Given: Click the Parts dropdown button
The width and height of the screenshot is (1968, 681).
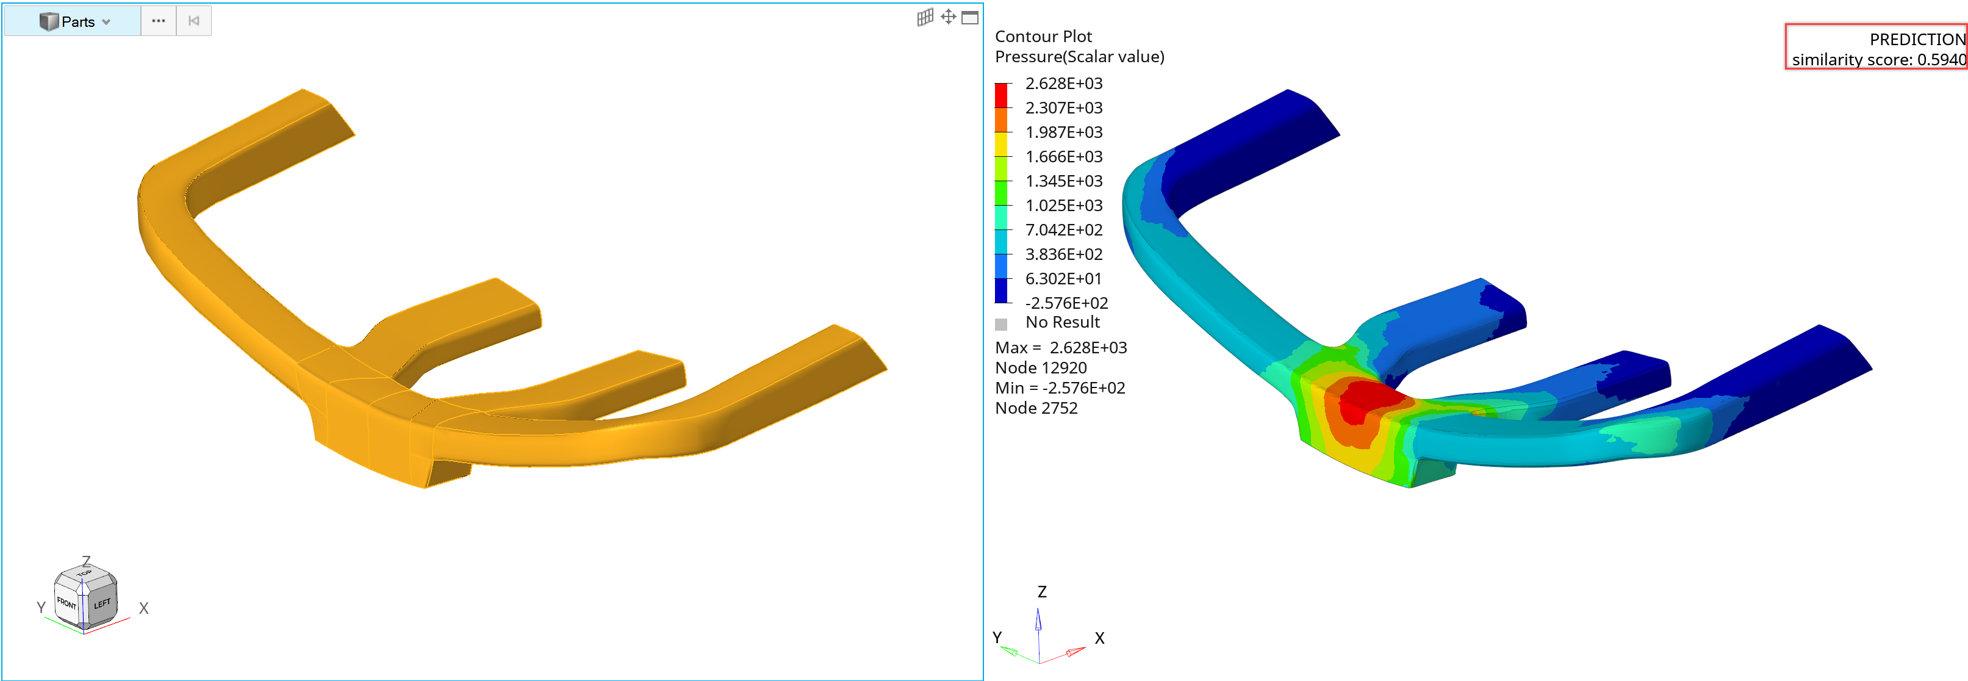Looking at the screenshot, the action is pos(73,21).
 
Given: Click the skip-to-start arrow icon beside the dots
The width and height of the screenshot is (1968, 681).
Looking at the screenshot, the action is pos(194,21).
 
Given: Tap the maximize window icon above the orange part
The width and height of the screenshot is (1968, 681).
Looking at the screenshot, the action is pos(969,18).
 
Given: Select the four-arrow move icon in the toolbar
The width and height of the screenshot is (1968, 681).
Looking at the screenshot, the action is pos(948,17).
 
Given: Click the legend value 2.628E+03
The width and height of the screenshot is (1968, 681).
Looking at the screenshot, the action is pos(1063,84).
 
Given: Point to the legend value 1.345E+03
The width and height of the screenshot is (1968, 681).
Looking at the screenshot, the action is pos(1063,181).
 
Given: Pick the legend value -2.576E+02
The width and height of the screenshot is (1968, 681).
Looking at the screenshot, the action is pos(1066,303).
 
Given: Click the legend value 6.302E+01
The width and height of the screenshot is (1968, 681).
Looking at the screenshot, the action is pos(1063,278).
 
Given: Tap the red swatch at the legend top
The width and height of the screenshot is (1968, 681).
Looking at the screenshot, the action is pos(1001,95).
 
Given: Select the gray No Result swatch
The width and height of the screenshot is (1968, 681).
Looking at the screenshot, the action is pos(1001,324).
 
